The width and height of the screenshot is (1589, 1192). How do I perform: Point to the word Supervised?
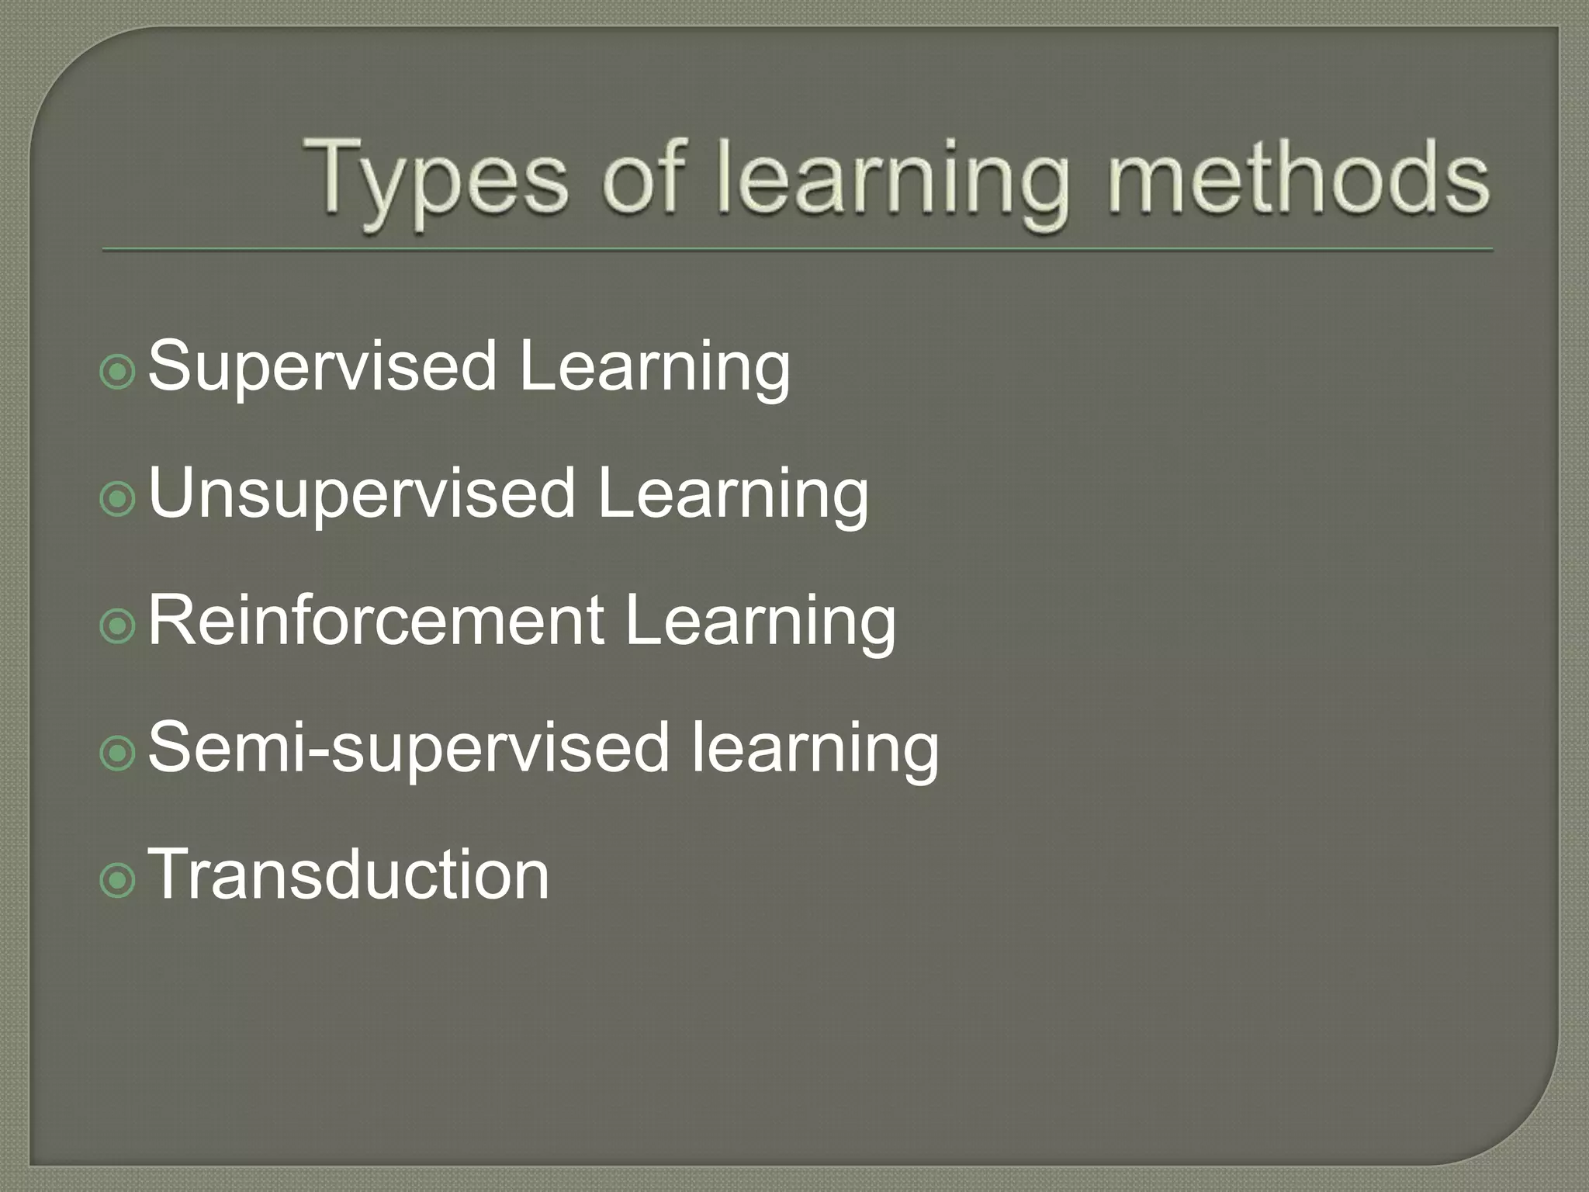tap(322, 366)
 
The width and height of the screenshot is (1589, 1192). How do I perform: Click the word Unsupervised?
tap(362, 494)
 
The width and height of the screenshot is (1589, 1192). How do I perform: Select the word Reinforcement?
tap(376, 620)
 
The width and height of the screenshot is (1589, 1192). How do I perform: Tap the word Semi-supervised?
tap(408, 747)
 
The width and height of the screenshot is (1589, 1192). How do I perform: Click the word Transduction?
tap(349, 875)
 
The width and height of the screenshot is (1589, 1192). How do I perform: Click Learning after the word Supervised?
tap(655, 366)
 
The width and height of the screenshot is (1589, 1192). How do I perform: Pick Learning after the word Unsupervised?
tap(733, 494)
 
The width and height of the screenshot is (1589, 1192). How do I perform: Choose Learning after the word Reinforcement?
tap(760, 620)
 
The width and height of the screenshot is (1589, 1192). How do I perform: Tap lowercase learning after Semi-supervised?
tap(815, 747)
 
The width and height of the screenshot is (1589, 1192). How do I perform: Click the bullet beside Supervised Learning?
tap(118, 372)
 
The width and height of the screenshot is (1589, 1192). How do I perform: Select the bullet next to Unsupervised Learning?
tap(118, 500)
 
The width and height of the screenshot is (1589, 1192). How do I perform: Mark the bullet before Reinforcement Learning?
tap(118, 626)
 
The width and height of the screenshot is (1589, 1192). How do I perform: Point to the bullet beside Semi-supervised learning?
tap(118, 754)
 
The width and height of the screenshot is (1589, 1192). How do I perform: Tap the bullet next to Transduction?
tap(118, 881)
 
